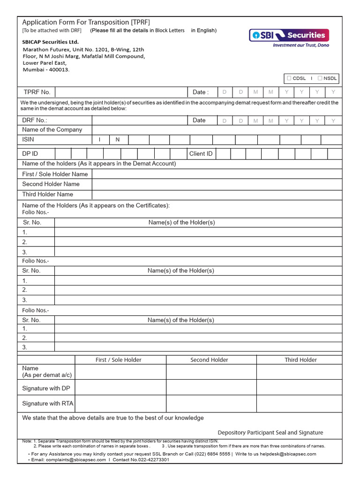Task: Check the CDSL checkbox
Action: tap(289, 78)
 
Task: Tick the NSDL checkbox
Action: tap(320, 78)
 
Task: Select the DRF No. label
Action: tap(35, 120)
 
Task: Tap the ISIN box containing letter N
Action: tap(118, 140)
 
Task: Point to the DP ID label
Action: tap(30, 154)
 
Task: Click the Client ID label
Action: tap(201, 154)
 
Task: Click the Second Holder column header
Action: tap(209, 360)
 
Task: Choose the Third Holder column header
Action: tap(300, 360)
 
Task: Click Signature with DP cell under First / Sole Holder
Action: tap(120, 388)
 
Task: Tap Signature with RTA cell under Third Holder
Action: tap(299, 403)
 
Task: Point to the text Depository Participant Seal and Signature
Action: tap(270, 433)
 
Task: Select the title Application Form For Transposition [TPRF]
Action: tap(86, 22)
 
